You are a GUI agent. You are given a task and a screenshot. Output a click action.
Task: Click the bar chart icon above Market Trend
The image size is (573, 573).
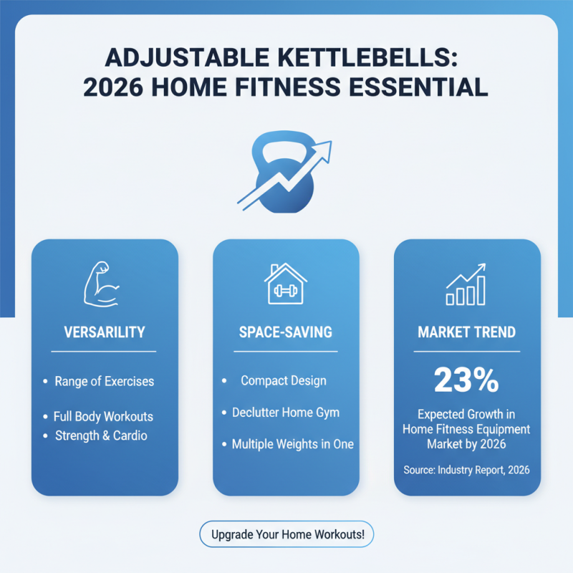click(x=466, y=284)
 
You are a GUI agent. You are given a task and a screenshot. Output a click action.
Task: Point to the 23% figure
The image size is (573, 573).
click(x=466, y=380)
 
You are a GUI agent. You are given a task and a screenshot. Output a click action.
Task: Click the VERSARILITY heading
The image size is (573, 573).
click(x=104, y=332)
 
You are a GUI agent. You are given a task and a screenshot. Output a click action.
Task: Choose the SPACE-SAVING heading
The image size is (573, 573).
click(x=286, y=332)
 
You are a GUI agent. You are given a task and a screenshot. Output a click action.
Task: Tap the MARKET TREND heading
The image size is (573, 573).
click(x=467, y=332)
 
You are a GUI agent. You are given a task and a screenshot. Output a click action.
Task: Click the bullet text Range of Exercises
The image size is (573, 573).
click(x=104, y=381)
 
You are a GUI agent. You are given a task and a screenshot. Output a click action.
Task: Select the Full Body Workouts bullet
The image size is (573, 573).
click(x=103, y=416)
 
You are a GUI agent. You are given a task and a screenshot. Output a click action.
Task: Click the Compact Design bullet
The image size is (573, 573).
click(x=283, y=380)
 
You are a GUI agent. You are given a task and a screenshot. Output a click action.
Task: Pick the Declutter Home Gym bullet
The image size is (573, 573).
click(x=286, y=412)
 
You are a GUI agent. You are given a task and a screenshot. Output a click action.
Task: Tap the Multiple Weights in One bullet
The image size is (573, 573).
click(x=292, y=444)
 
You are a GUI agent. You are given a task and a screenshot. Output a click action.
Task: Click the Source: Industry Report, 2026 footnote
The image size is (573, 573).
click(x=467, y=470)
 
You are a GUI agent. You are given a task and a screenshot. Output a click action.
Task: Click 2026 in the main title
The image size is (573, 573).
click(x=117, y=87)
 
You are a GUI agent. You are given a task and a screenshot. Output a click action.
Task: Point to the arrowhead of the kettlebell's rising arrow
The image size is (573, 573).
click(x=326, y=147)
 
